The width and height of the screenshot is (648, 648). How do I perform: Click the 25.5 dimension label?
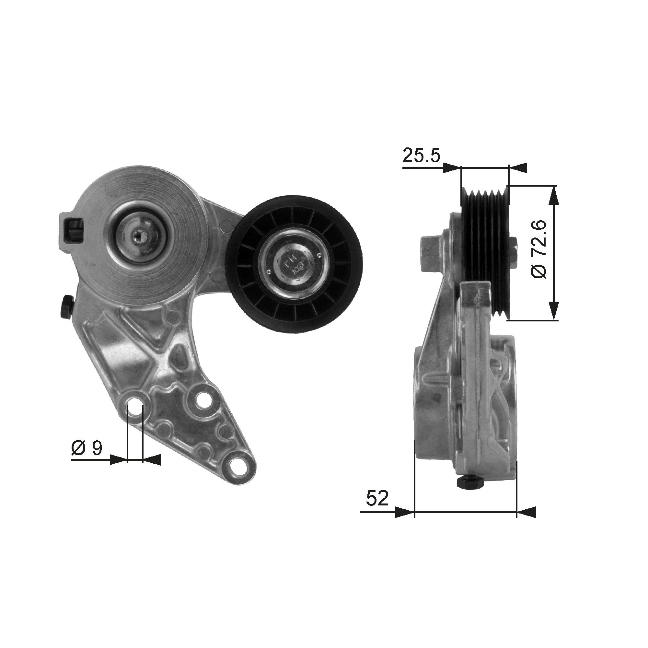pos(421,155)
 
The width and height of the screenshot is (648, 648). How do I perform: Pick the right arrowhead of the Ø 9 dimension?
pos(152,460)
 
